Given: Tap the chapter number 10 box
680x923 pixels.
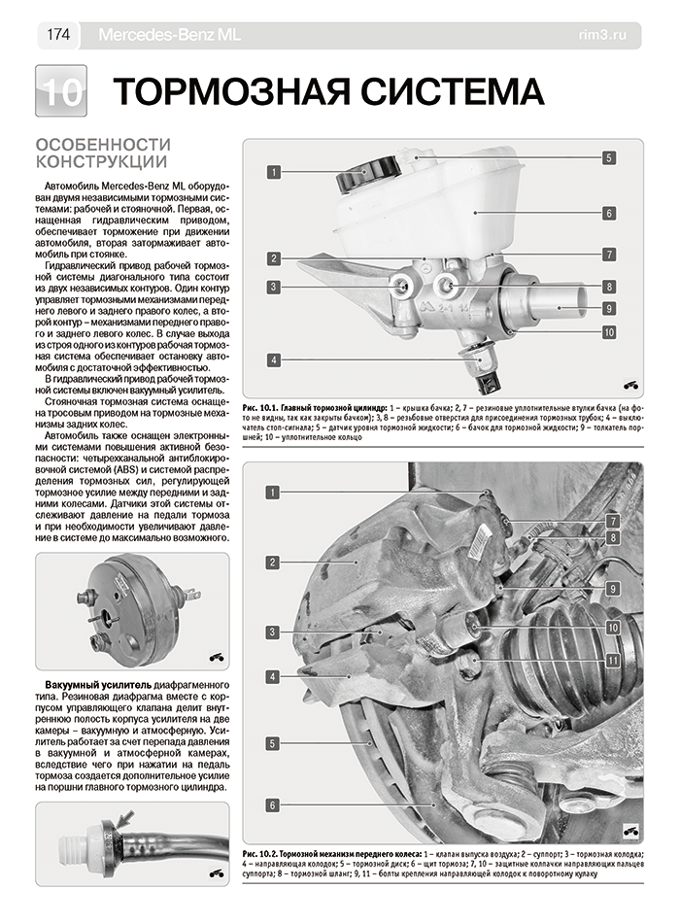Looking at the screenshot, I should click(60, 92).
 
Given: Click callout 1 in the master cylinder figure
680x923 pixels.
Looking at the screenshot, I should click(275, 172).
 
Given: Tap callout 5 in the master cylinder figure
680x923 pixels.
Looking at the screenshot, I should click(608, 156).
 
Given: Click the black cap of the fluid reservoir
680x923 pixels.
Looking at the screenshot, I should click(365, 175).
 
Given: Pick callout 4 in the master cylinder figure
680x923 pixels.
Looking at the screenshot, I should click(275, 359).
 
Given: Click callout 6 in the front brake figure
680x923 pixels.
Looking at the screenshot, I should click(275, 804).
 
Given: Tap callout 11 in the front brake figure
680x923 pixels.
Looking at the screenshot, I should click(613, 661).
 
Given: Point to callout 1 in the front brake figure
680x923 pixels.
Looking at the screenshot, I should click(275, 493).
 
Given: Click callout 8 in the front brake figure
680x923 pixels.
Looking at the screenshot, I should click(613, 536).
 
